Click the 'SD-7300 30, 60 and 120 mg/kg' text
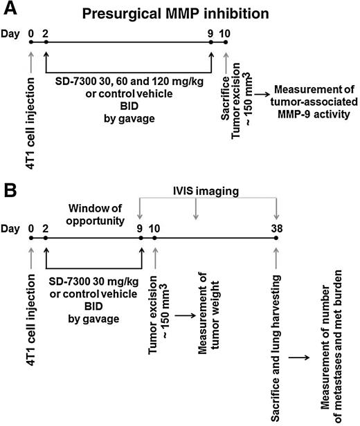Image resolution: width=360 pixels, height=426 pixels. [128, 82]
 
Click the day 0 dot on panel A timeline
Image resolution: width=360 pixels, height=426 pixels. [31, 44]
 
